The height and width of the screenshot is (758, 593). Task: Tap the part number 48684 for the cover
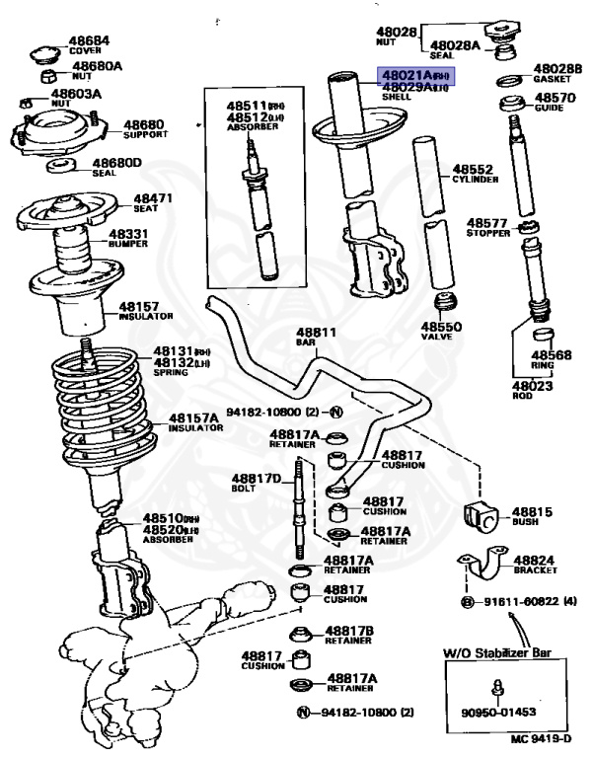tap(88, 40)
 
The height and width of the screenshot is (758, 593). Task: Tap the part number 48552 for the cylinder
tap(473, 169)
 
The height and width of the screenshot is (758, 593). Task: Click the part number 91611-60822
tap(520, 601)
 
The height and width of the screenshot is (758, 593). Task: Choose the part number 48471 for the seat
tap(153, 198)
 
